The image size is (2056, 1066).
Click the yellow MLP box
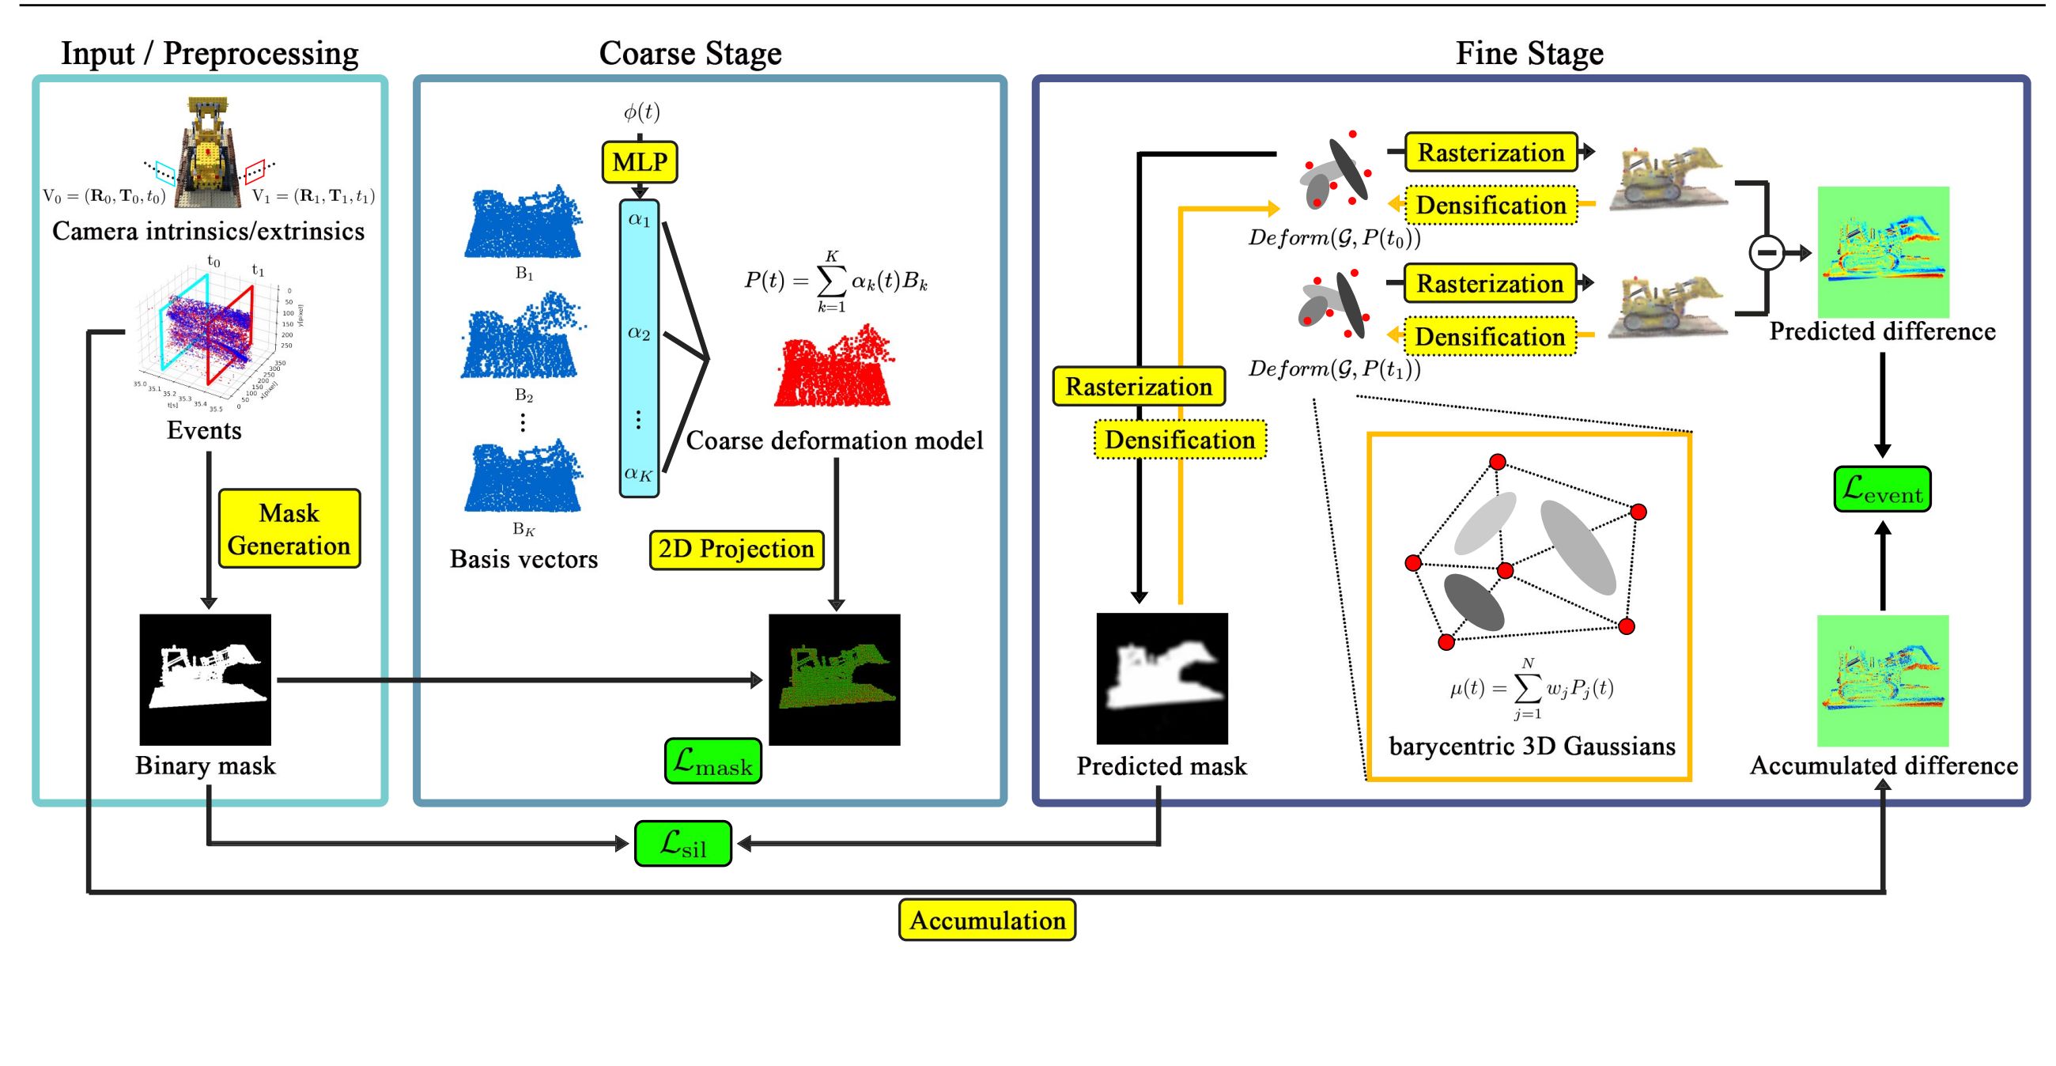(x=639, y=162)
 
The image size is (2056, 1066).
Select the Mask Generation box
(x=289, y=529)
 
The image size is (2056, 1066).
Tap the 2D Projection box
(x=736, y=549)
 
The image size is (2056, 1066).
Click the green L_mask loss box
(x=712, y=762)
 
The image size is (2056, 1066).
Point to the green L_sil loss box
(x=683, y=843)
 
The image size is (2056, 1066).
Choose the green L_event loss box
(x=1882, y=490)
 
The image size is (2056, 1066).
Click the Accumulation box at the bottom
(x=988, y=920)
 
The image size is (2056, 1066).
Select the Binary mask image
(x=205, y=679)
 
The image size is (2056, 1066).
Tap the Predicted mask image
(x=1162, y=679)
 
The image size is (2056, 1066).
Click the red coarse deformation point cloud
(x=833, y=367)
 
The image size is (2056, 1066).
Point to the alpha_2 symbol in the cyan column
(x=638, y=333)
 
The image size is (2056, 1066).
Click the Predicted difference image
(x=1883, y=252)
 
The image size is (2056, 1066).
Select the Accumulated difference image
(x=1883, y=681)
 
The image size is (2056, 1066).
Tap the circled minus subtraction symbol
(x=1767, y=253)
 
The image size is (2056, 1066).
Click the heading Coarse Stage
(x=690, y=54)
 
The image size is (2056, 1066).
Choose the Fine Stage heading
(x=1529, y=54)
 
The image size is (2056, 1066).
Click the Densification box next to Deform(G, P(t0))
(x=1490, y=205)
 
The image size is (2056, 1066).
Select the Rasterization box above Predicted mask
(x=1139, y=387)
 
